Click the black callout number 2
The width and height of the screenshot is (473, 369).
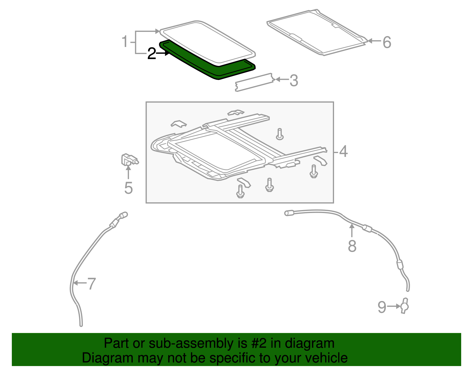click(151, 54)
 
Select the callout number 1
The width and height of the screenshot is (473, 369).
click(125, 42)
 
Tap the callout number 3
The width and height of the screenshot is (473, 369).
click(294, 81)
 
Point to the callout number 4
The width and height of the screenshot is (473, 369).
click(343, 152)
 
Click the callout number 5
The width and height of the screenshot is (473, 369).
click(128, 188)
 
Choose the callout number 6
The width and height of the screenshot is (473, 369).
click(387, 42)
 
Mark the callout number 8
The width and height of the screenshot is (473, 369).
click(352, 246)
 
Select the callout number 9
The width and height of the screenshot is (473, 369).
click(382, 307)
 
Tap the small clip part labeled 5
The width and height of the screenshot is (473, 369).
click(129, 160)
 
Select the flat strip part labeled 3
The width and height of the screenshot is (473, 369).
click(254, 82)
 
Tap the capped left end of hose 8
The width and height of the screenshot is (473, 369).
click(289, 213)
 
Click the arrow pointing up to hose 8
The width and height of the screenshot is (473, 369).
click(352, 230)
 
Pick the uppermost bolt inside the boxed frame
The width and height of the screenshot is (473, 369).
click(280, 134)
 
